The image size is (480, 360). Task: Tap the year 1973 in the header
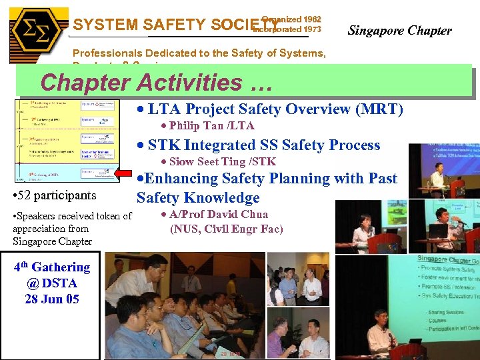[311, 29]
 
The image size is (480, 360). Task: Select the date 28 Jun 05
[51, 299]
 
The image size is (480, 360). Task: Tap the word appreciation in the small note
[41, 229]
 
